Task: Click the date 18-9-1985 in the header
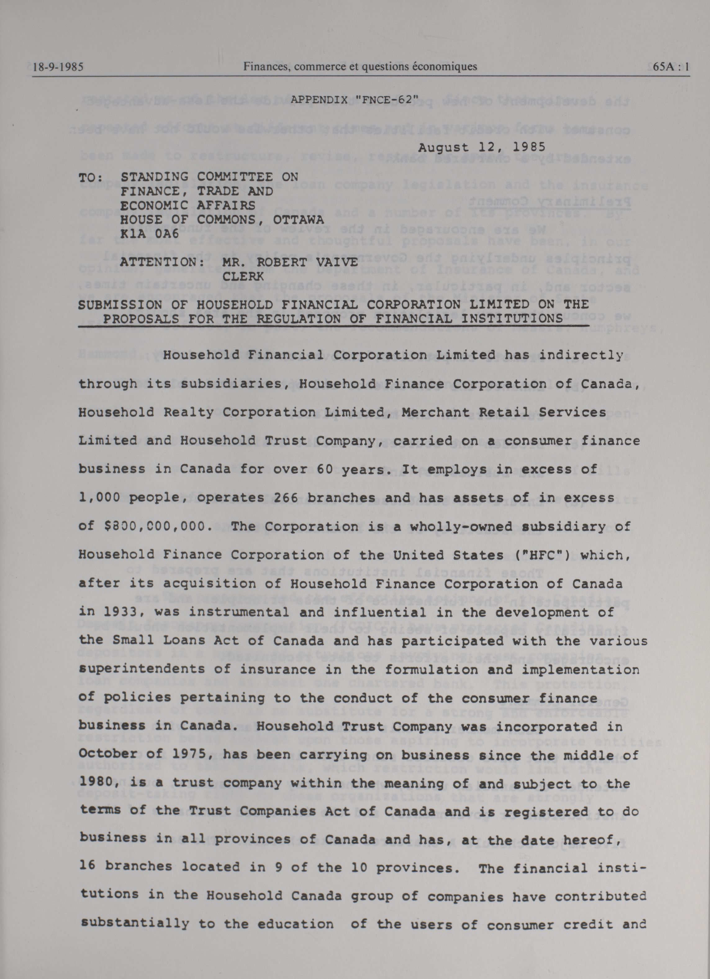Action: point(58,67)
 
